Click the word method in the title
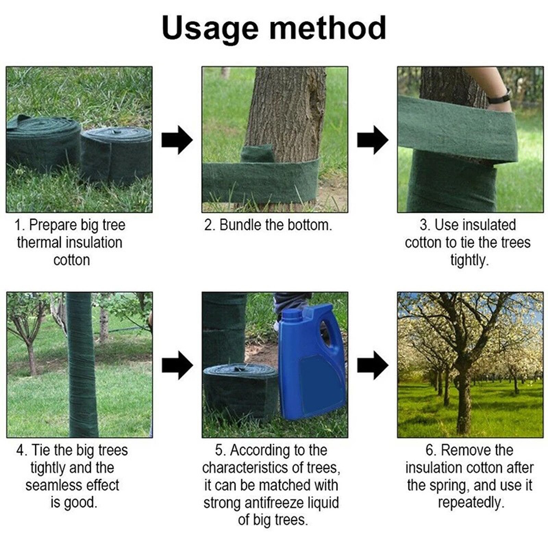(328, 27)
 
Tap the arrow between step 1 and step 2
(177, 140)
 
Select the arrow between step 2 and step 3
(373, 140)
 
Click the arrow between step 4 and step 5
(177, 365)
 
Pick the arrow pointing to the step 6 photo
(373, 365)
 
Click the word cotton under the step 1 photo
(72, 260)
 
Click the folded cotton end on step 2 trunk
(257, 153)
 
